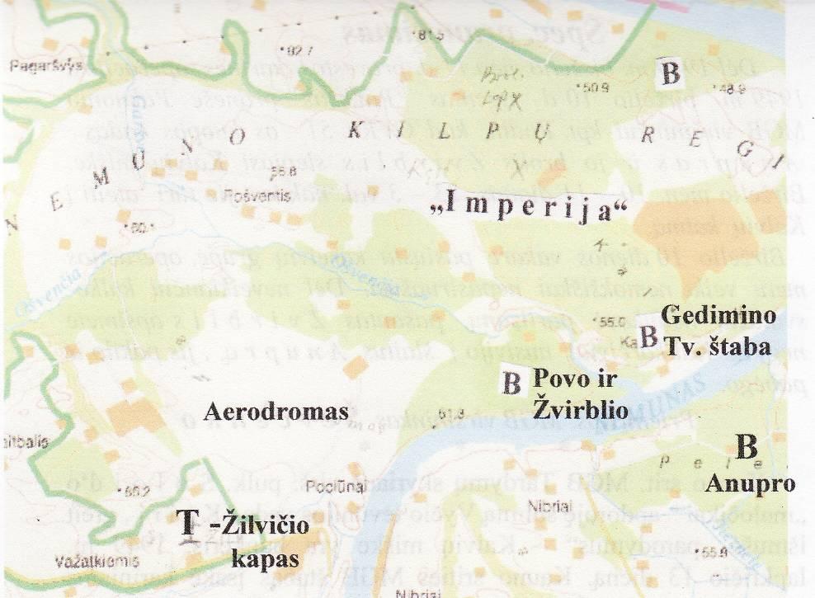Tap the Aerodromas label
pyautogui.click(x=276, y=410)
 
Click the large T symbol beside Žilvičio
pyautogui.click(x=189, y=521)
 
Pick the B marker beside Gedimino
pyautogui.click(x=649, y=336)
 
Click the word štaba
pyautogui.click(x=739, y=346)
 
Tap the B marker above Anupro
pyautogui.click(x=746, y=448)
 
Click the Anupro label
pyautogui.click(x=750, y=483)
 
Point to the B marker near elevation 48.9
pyautogui.click(x=671, y=74)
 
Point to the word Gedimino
pyautogui.click(x=718, y=316)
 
